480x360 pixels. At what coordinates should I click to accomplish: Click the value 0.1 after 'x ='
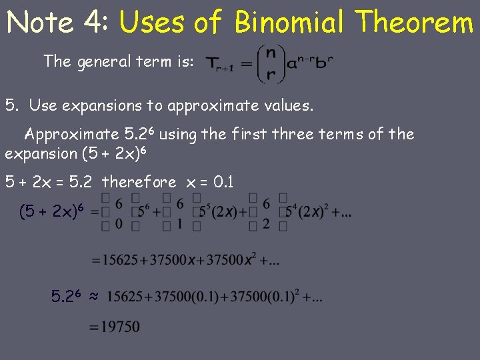pos(220,182)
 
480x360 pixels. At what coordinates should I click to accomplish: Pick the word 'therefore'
pos(139,182)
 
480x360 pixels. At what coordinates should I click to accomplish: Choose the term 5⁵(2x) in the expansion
pos(223,213)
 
